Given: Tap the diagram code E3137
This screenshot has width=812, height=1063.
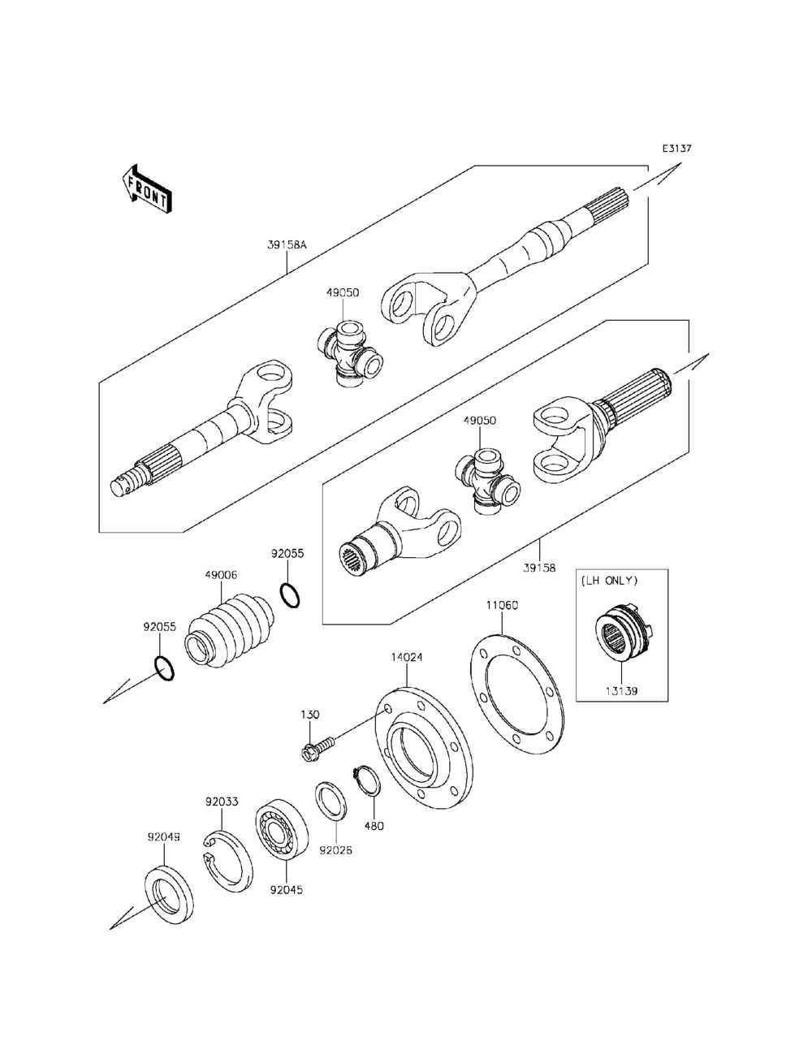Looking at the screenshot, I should [x=676, y=149].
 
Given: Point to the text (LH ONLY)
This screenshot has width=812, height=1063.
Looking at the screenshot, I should [x=609, y=581].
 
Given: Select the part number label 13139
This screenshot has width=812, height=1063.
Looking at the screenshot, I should [x=622, y=691].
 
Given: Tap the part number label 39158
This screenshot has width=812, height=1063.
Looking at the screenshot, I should [x=539, y=568].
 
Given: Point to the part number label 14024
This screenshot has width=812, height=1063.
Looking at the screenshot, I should [x=406, y=656].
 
